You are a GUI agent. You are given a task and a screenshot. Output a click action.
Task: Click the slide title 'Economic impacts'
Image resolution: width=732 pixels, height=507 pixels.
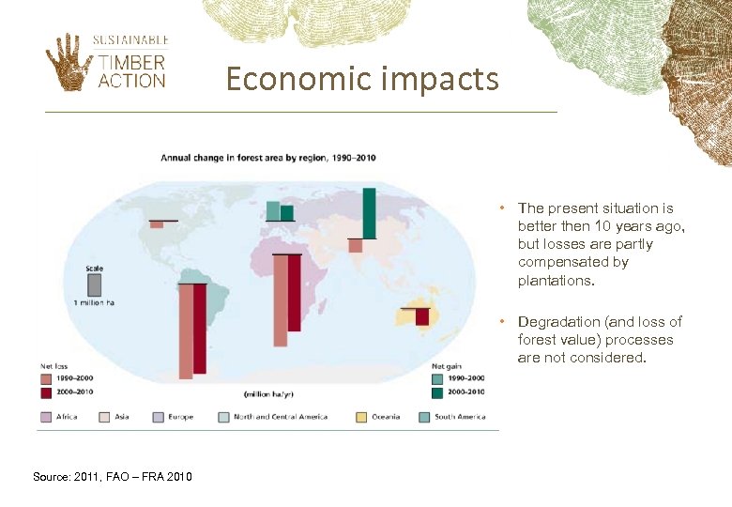coord(362,79)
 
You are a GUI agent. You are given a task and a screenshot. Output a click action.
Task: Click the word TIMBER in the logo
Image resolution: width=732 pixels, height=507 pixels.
coord(131,63)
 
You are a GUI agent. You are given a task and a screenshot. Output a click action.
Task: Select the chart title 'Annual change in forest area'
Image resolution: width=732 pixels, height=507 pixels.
coord(268,157)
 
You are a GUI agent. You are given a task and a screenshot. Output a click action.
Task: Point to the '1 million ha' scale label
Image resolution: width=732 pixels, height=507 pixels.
coord(94,302)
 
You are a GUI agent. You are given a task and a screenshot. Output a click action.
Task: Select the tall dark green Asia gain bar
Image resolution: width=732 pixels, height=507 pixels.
coord(369,213)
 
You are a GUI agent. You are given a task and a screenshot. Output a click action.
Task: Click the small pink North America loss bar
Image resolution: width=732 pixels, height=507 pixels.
coord(157,224)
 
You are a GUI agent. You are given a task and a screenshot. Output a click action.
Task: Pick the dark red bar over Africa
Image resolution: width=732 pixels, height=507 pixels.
coord(294,293)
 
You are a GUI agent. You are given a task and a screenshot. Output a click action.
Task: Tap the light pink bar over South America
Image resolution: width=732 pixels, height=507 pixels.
coord(186,330)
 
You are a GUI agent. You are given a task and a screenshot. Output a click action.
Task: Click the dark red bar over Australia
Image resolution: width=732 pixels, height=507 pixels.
coord(422,317)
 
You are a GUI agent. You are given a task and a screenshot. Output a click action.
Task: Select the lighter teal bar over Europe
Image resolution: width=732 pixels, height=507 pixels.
coord(273,210)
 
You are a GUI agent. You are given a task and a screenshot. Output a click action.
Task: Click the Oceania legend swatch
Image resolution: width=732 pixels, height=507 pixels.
coord(363,417)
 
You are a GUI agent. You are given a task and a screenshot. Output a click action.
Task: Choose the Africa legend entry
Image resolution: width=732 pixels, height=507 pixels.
coord(60,417)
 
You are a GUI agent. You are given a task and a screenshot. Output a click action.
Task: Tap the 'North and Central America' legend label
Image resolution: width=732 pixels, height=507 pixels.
coord(281,417)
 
